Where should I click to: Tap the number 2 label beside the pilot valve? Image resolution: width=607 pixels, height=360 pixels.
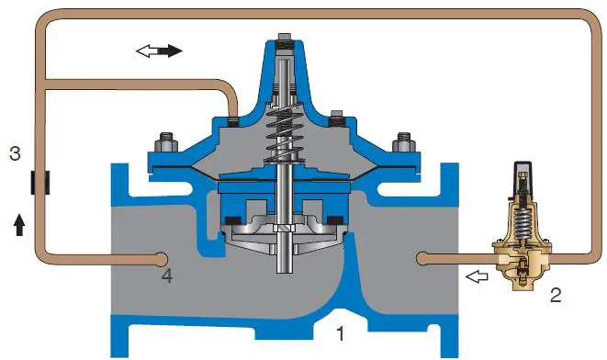click(x=555, y=296)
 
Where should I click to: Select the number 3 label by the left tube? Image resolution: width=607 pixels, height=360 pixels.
click(x=15, y=152)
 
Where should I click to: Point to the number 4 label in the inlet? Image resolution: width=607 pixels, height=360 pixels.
click(x=165, y=274)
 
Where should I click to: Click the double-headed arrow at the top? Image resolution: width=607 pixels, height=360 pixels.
click(x=159, y=51)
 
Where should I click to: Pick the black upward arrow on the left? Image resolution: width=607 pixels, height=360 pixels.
click(x=19, y=223)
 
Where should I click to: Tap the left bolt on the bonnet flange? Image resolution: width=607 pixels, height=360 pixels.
click(x=166, y=144)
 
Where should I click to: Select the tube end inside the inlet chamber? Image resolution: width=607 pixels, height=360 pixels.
click(x=163, y=258)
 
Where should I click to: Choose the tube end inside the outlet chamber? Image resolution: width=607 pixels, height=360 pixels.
click(x=422, y=259)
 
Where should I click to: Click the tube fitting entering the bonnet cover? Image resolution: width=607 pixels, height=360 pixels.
click(x=234, y=118)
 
